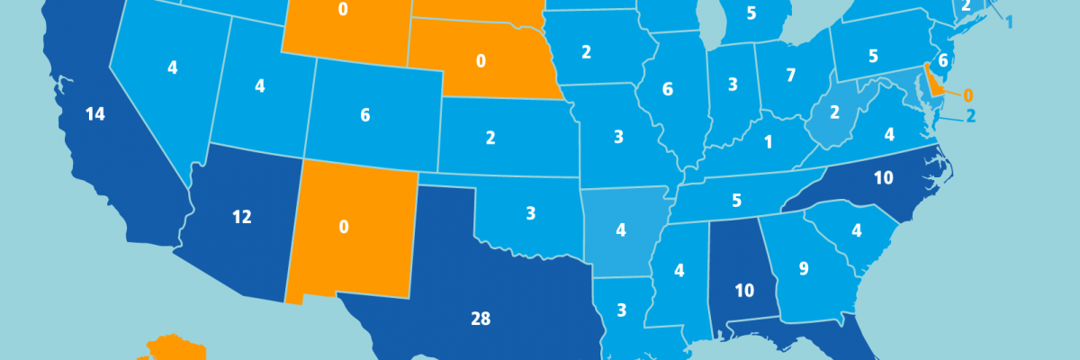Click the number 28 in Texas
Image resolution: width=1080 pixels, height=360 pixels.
tap(481, 317)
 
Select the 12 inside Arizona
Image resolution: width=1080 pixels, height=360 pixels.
tap(241, 217)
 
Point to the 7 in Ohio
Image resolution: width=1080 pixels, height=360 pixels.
tap(790, 75)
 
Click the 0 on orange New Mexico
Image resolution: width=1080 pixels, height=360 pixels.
tap(344, 227)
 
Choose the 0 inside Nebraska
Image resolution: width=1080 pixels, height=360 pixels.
tap(481, 60)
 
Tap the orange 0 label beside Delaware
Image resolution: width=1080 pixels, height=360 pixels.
tap(968, 94)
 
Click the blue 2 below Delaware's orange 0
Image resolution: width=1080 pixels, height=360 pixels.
tap(969, 115)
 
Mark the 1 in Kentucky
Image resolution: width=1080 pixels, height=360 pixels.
tap(768, 142)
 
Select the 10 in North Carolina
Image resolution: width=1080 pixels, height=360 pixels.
tap(883, 178)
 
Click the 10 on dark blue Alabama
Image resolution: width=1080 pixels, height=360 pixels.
tap(743, 291)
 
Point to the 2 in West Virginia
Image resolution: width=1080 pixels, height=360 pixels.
tap(833, 112)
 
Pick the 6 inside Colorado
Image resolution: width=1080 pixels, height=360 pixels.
tap(364, 114)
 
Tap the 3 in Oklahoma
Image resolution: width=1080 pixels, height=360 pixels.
tap(531, 213)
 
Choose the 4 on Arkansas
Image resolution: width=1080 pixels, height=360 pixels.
tap(621, 230)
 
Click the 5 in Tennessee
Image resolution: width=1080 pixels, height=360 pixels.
tap(736, 201)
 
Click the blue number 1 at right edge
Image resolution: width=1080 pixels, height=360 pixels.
tap(1009, 22)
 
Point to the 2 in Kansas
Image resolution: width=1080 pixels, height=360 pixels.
tap(490, 138)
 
